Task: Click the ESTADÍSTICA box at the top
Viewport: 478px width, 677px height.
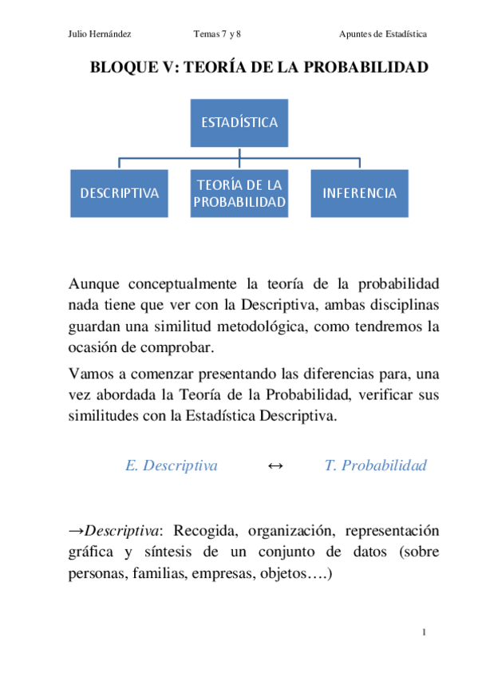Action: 239,123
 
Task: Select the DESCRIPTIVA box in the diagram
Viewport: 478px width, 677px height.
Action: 119,193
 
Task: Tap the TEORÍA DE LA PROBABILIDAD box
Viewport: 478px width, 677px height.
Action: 239,193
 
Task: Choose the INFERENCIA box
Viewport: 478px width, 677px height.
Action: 359,193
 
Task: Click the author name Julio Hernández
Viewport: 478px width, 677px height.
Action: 100,34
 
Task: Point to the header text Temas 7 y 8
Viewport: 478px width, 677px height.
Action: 216,34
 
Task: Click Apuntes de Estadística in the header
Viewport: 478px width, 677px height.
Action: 382,34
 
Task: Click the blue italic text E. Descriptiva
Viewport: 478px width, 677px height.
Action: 172,465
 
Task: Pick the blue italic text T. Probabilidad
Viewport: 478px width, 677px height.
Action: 375,465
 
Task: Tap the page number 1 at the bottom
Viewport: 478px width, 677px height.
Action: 425,633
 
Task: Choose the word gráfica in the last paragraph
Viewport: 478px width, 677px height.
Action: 90,552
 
